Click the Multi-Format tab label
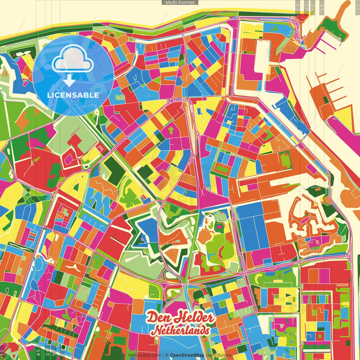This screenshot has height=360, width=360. coord(180,3)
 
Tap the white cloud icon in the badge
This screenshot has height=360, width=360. coord(73,60)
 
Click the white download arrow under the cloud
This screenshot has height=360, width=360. coord(69,81)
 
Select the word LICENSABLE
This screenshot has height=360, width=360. coord(73,95)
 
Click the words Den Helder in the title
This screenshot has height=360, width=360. coord(180,318)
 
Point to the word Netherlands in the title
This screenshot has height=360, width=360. coord(181,330)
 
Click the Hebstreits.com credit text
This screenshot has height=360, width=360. coord(145,355)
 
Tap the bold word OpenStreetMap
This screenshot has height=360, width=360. coord(187,355)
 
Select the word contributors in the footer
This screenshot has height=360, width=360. coord(219,355)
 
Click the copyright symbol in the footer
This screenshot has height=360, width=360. coord(166,355)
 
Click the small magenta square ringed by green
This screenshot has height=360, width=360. coord(219,226)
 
